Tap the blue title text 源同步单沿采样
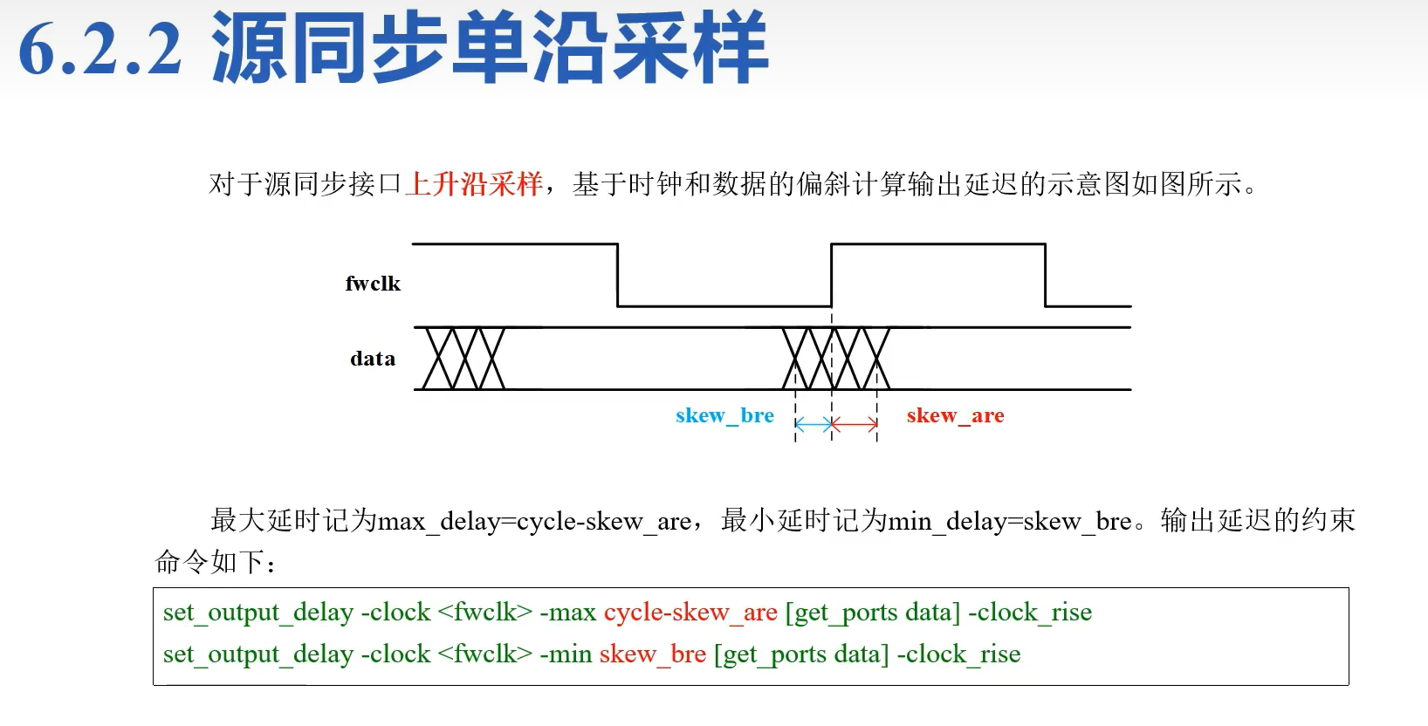489,48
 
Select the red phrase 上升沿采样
474,184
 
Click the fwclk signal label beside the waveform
373,284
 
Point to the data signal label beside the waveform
373,359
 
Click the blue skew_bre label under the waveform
724,416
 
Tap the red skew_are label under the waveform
955,416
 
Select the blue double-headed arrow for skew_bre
814,425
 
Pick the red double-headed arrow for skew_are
855,425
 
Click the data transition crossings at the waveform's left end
463,359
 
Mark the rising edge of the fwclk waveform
831,275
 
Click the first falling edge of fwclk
618,275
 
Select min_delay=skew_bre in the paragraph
1010,522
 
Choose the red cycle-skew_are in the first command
690,613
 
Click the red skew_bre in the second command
652,654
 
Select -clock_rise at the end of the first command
1030,613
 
